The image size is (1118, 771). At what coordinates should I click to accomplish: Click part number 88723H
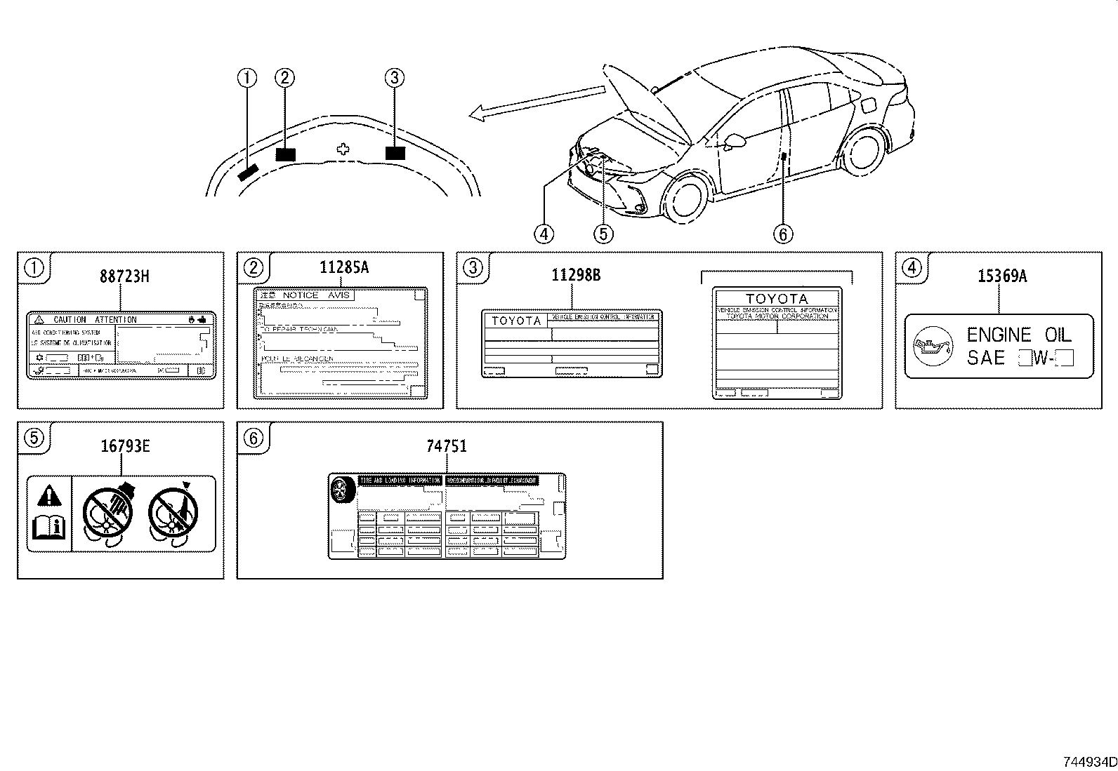tap(124, 276)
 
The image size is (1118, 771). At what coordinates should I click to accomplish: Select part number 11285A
tap(344, 267)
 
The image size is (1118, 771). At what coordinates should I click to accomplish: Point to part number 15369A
tap(1002, 276)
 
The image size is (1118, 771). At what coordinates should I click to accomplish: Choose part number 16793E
tap(125, 446)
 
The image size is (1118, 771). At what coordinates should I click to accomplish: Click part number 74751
tap(446, 446)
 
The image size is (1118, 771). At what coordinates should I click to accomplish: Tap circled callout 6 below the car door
tap(783, 233)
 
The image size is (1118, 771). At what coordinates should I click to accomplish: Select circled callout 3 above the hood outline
tap(395, 78)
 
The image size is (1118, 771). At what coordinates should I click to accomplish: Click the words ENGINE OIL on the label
tap(1019, 335)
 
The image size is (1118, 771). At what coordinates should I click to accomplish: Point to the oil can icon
tap(932, 347)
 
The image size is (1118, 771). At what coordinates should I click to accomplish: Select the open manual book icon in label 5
tap(49, 527)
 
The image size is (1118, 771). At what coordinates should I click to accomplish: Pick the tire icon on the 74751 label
tap(343, 490)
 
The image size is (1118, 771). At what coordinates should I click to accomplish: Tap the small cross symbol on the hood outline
tap(343, 149)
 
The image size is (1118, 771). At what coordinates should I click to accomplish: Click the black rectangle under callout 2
tap(285, 154)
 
